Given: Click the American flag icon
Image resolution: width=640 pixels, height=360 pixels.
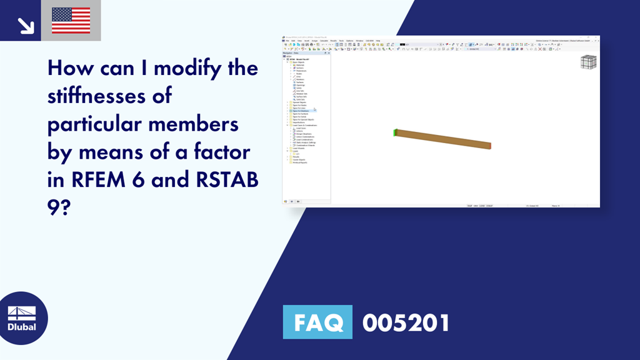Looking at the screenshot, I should [71, 21].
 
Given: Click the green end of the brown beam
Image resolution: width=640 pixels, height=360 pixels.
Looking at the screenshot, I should [395, 132].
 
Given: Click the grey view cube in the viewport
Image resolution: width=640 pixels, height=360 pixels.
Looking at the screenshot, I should [588, 62].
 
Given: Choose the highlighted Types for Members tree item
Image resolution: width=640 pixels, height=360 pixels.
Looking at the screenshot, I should [301, 111].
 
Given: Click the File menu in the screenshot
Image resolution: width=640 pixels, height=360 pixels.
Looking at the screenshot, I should [286, 41].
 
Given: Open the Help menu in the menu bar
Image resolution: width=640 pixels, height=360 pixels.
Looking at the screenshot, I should [378, 41].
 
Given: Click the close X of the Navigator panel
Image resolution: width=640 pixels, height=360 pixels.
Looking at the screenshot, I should [329, 53].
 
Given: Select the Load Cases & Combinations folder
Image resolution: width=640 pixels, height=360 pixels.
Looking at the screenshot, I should [305, 125].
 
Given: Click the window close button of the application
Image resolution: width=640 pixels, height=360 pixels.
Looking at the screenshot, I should [597, 37].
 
